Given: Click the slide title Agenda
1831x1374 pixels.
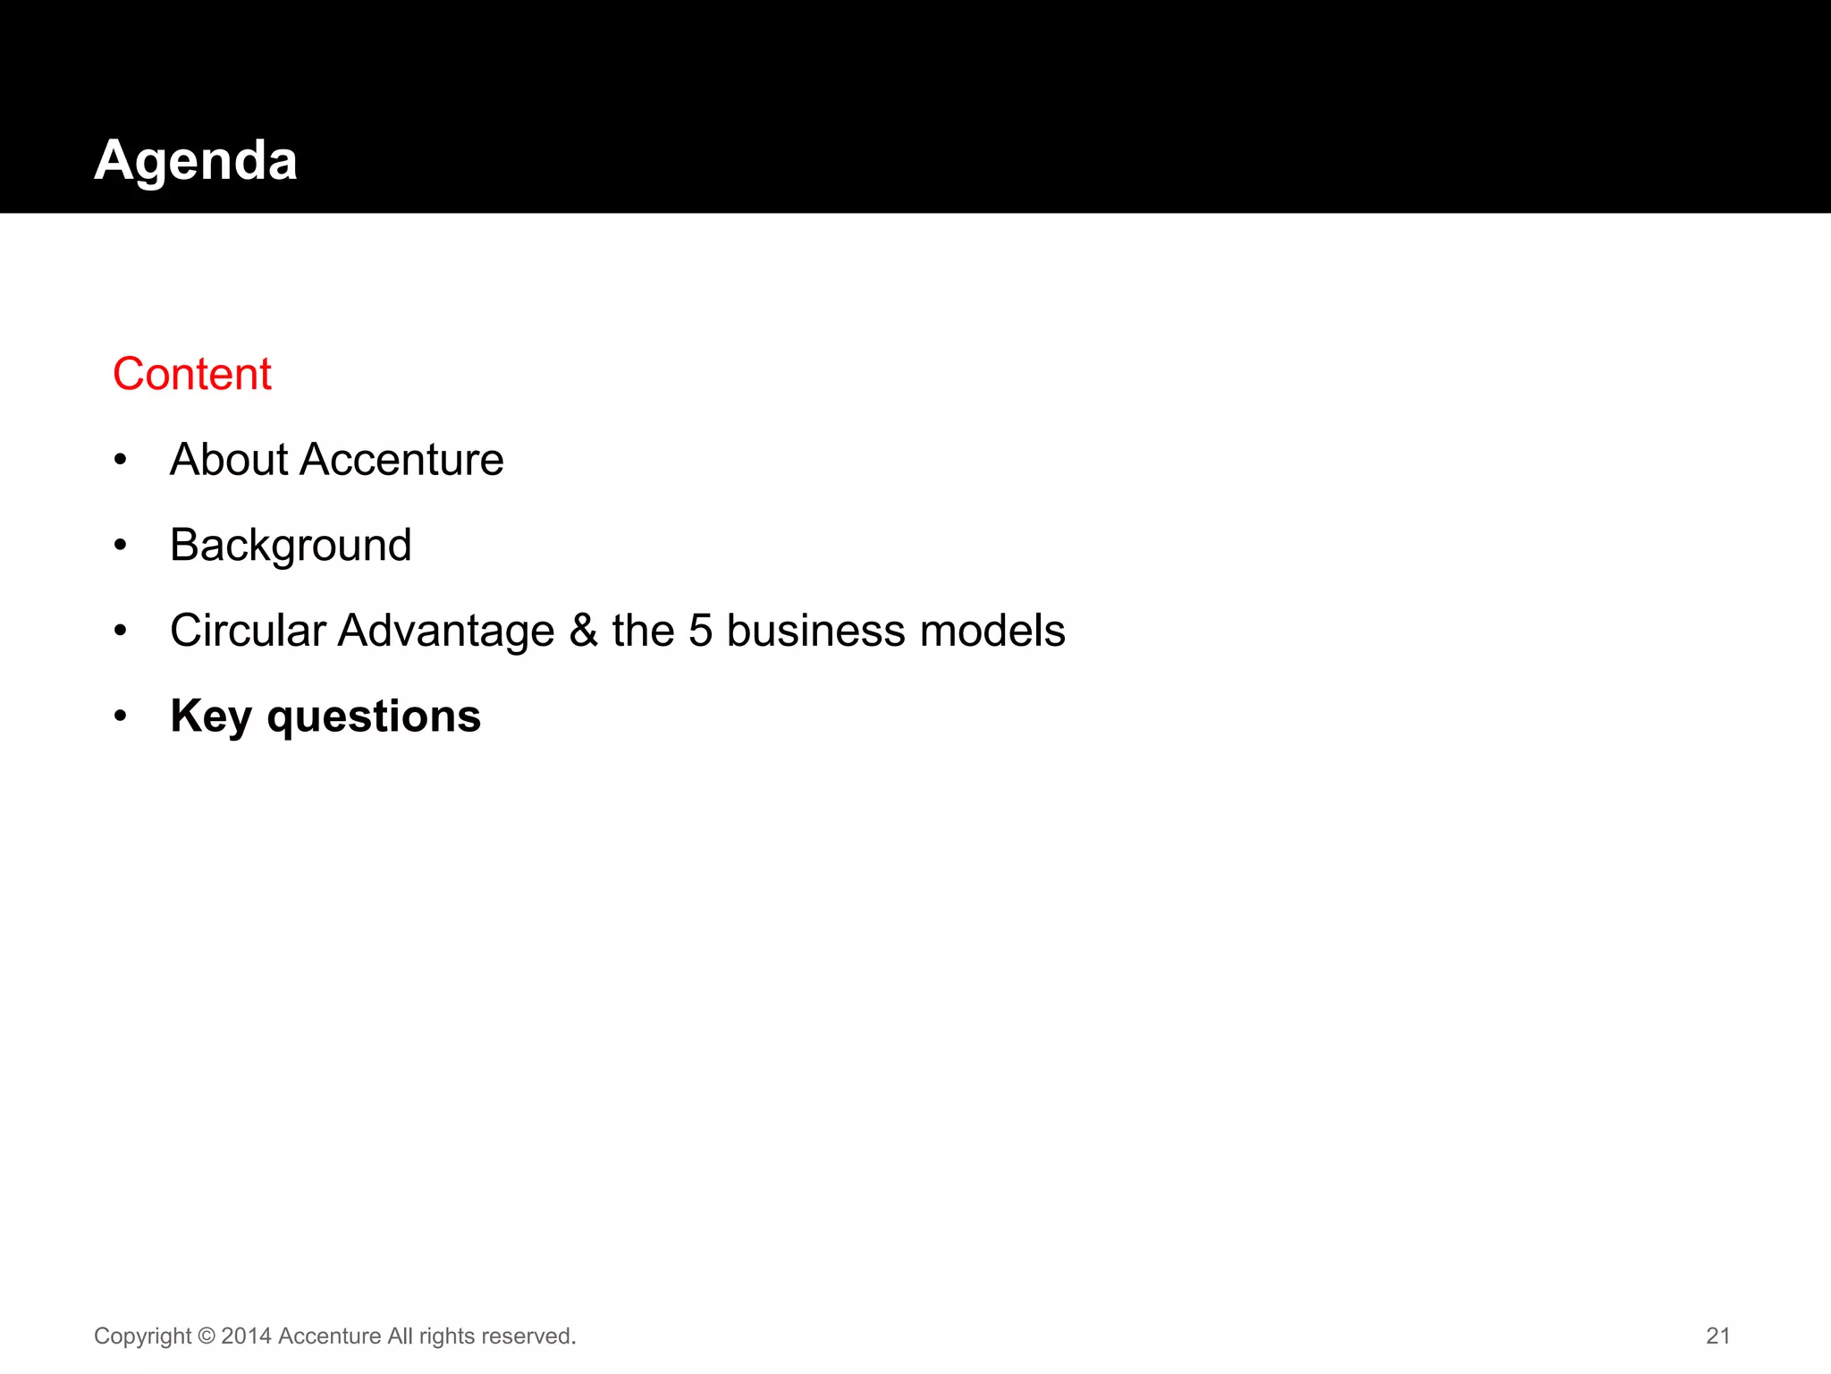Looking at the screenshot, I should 196,161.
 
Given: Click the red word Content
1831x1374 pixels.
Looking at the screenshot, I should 192,374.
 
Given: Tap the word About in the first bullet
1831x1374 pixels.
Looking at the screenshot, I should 229,460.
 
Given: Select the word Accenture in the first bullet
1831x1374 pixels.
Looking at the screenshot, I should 401,460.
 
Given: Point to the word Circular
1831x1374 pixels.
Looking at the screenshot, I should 248,631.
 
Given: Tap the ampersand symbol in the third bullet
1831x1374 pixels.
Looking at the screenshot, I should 583,631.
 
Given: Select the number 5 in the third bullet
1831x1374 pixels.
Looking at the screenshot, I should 700,631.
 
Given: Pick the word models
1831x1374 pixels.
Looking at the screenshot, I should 992,631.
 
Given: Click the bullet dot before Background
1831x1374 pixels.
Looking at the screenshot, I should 121,546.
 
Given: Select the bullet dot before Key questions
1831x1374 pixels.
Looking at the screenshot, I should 121,717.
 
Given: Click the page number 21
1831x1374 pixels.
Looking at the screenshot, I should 1717,1336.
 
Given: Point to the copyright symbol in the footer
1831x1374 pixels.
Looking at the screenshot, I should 207,1336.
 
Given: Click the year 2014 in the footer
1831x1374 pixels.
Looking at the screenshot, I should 246,1336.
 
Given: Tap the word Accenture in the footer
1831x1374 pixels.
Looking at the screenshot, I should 330,1336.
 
